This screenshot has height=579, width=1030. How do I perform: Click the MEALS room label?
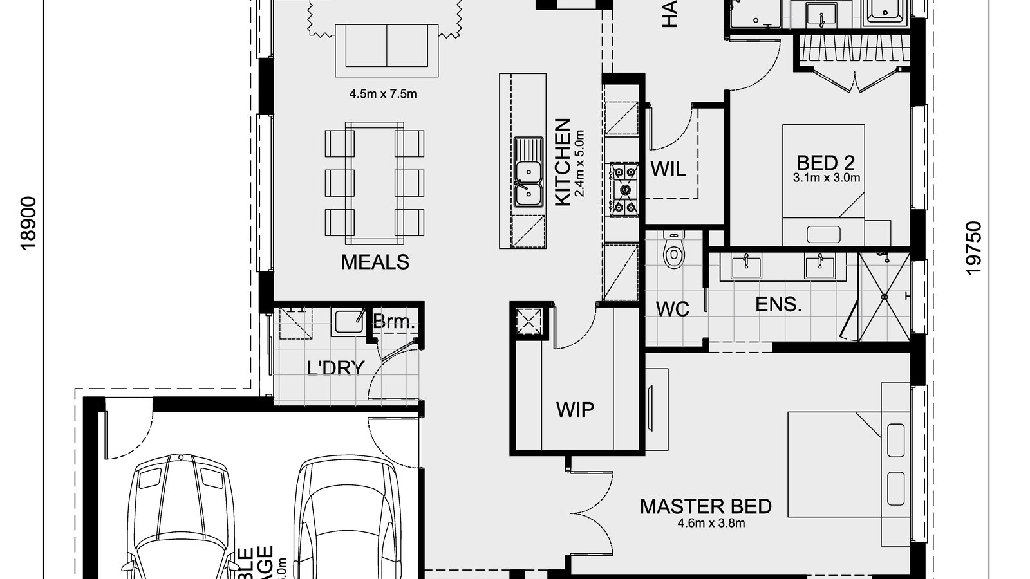click(x=375, y=262)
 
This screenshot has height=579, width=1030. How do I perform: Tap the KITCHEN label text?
click(x=562, y=162)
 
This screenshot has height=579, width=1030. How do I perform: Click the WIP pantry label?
click(x=575, y=409)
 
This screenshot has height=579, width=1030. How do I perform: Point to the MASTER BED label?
click(x=706, y=506)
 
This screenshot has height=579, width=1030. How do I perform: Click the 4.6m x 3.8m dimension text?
click(x=711, y=523)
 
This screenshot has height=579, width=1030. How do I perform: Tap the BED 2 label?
click(x=825, y=162)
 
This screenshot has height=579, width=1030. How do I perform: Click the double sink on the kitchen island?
click(x=528, y=182)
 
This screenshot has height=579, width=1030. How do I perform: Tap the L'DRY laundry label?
click(x=335, y=368)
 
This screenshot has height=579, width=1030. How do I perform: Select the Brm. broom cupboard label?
click(x=394, y=322)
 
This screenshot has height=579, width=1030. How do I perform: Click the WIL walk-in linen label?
click(x=668, y=169)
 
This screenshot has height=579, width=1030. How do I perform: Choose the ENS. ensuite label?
click(x=778, y=304)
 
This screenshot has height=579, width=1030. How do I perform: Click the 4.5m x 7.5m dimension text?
click(x=383, y=94)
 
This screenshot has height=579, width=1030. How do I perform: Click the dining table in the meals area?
click(x=375, y=183)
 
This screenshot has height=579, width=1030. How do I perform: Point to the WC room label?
click(x=672, y=309)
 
